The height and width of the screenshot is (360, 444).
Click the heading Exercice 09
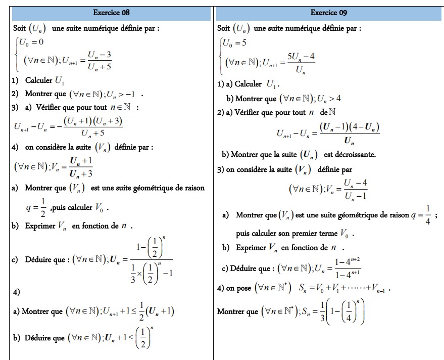[x=329, y=13]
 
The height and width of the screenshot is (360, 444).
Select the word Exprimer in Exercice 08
[x=40, y=226]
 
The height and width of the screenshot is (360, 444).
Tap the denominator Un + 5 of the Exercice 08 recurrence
[x=99, y=65]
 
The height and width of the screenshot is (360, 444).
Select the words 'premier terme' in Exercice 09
[x=309, y=234]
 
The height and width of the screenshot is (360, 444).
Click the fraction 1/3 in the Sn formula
[x=322, y=311]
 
